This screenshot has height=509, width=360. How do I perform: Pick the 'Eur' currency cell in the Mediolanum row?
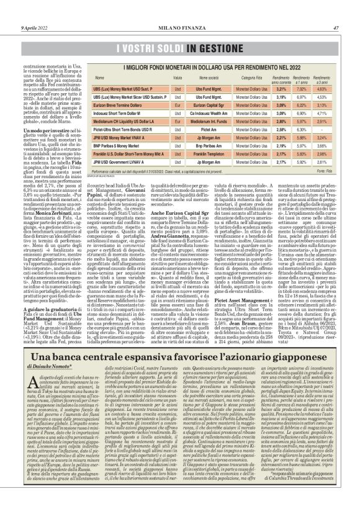click(x=178, y=124)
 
